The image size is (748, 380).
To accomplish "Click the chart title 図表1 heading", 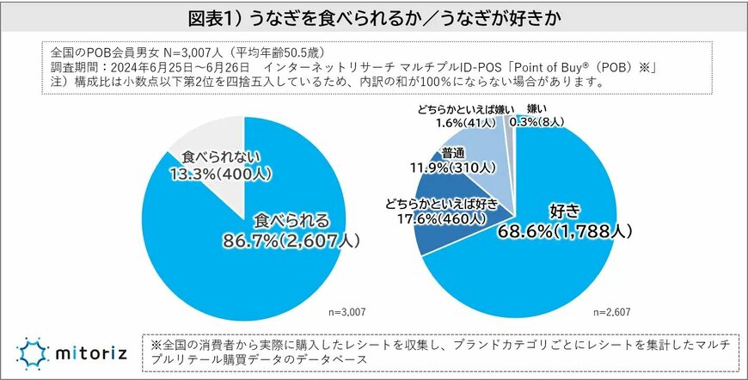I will (374, 17).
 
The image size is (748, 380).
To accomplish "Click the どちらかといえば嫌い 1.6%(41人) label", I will (453, 117).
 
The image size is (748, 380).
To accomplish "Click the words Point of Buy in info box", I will (564, 66).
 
